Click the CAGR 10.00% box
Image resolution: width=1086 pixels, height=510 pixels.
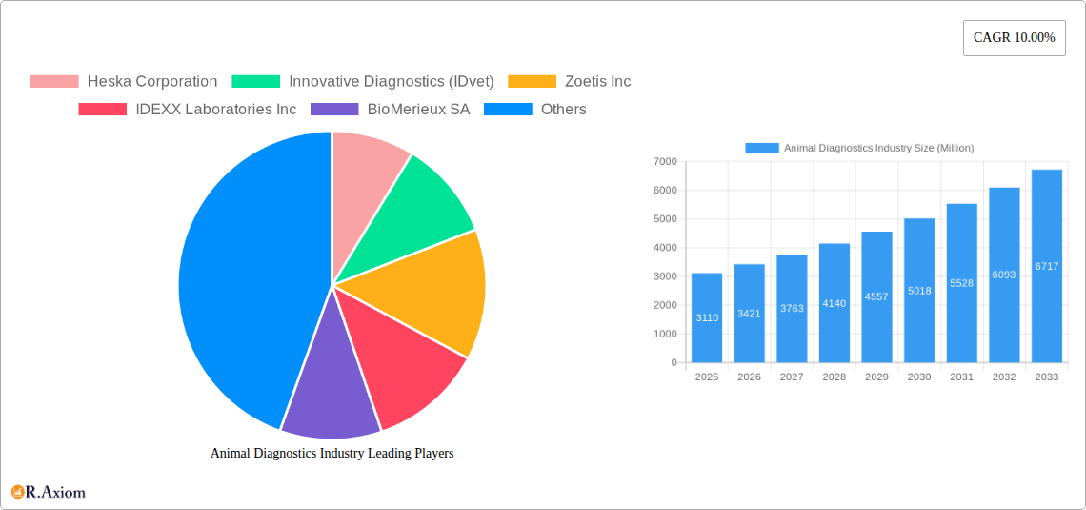point(1014,37)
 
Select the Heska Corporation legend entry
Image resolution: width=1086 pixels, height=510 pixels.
point(124,82)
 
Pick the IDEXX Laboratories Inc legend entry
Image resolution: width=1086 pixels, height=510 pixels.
point(188,110)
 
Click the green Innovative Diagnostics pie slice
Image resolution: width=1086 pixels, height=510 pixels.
point(419,205)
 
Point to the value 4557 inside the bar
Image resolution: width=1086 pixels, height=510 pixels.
point(876,296)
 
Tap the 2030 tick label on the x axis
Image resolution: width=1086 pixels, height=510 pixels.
point(919,377)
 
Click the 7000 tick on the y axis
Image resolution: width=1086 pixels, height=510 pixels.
point(664,162)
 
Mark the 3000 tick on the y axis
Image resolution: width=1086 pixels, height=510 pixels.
point(664,276)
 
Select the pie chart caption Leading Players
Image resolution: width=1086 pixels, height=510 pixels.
point(332,454)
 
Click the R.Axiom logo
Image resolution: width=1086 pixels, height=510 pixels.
point(49,492)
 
